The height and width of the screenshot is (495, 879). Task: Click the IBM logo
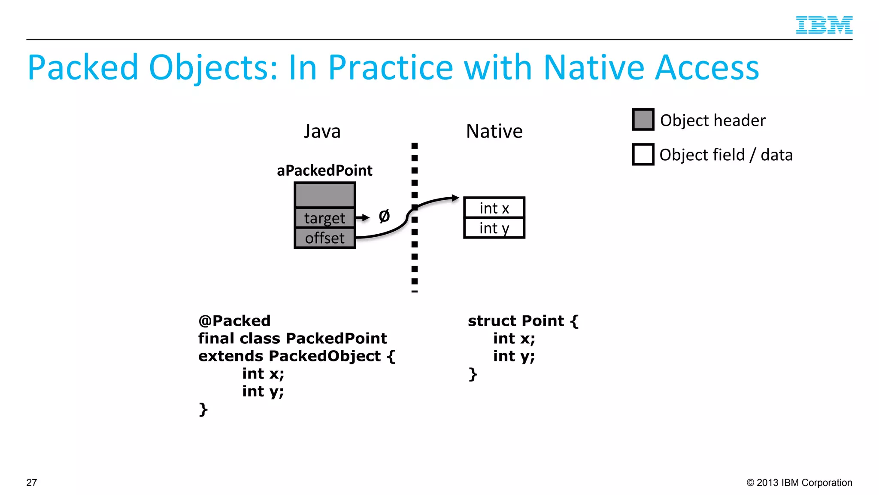click(x=824, y=25)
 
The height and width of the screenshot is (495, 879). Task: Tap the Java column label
click(x=322, y=131)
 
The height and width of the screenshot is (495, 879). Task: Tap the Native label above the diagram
click(x=494, y=131)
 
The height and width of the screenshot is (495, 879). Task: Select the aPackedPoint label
click(x=324, y=171)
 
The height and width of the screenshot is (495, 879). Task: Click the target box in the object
click(x=324, y=218)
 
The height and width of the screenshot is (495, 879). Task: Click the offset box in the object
click(x=324, y=238)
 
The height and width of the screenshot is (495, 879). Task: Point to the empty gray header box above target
click(x=324, y=195)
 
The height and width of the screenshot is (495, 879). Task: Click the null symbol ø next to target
click(x=384, y=216)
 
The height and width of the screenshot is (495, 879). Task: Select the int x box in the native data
click(x=494, y=208)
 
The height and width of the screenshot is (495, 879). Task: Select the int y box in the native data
click(x=494, y=228)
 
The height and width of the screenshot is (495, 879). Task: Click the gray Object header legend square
click(x=643, y=119)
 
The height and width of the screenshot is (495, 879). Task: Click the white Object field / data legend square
click(x=643, y=154)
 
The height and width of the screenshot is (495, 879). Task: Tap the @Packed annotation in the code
click(x=234, y=321)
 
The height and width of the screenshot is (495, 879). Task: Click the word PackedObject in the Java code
click(x=324, y=356)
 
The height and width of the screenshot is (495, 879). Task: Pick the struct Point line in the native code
click(x=523, y=321)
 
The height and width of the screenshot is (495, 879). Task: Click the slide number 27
click(x=32, y=483)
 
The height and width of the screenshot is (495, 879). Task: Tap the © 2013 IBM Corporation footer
click(x=799, y=483)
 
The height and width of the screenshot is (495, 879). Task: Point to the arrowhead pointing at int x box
click(x=455, y=198)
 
